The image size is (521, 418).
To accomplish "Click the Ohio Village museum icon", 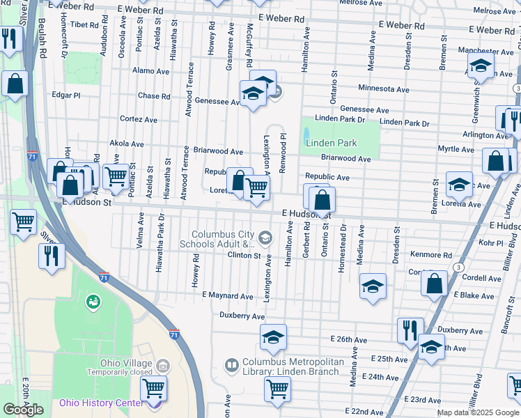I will point(163,365).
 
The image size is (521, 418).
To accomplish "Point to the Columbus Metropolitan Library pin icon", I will point(232,364).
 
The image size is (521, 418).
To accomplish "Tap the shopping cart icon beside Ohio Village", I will point(153,388).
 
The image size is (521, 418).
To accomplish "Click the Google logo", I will point(23,410).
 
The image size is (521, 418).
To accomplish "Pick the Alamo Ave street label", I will point(151,71).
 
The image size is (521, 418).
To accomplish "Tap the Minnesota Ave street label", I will point(384,89).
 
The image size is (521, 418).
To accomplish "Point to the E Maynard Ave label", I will point(227,296).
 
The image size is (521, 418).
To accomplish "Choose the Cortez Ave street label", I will point(139,119).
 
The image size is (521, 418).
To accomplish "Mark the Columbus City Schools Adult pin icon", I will point(265,239).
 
